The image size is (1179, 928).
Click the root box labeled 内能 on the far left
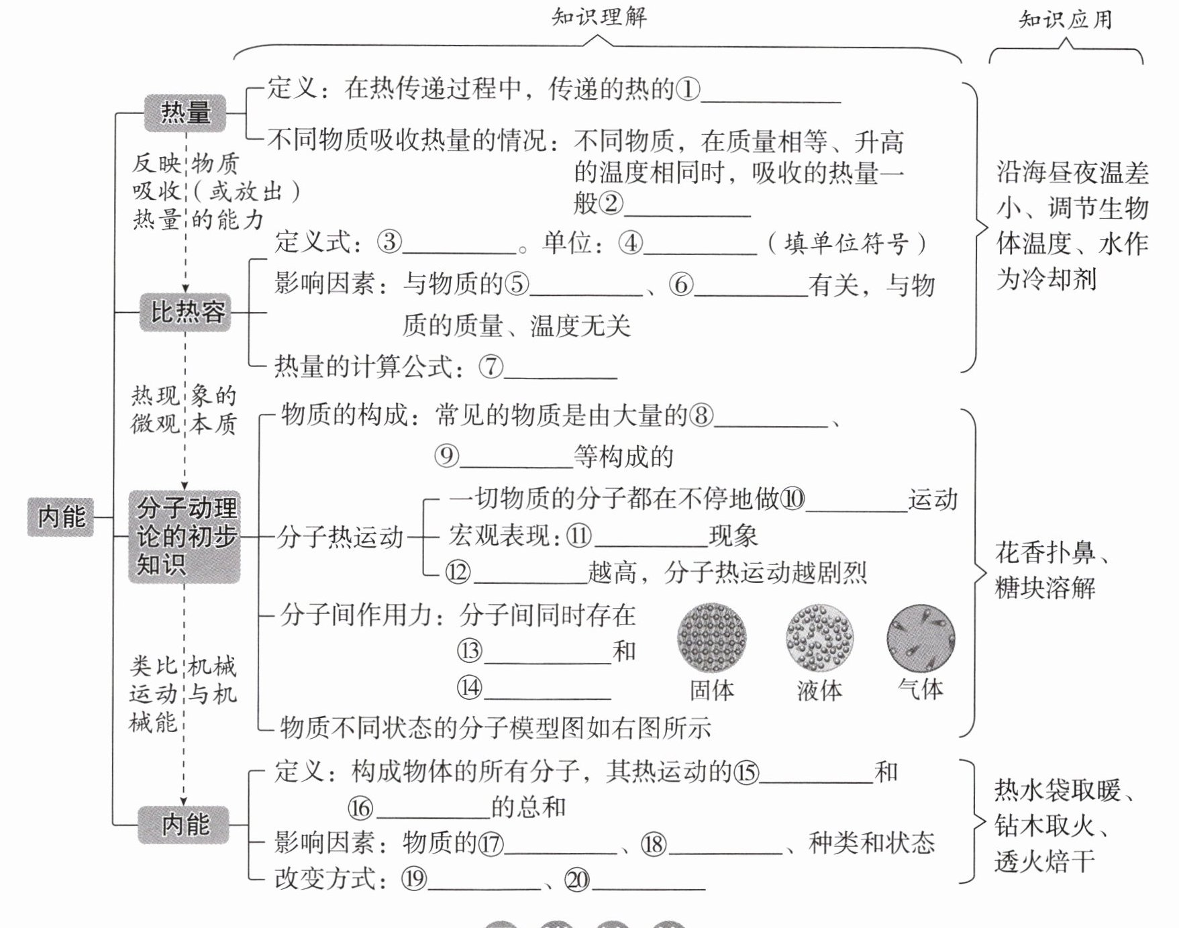pyautogui.click(x=61, y=517)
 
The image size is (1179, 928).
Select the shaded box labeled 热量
pyautogui.click(x=185, y=112)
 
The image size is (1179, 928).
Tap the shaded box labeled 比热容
pyautogui.click(x=186, y=312)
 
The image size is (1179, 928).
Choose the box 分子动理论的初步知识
pyautogui.click(x=185, y=536)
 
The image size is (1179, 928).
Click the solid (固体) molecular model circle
pyautogui.click(x=711, y=637)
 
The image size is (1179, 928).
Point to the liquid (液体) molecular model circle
pyautogui.click(x=819, y=637)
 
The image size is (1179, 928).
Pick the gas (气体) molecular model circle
pyautogui.click(x=921, y=637)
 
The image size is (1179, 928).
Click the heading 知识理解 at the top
pyautogui.click(x=599, y=17)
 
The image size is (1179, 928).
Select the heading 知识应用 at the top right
pyautogui.click(x=1065, y=19)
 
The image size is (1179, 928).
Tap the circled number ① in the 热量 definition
pyautogui.click(x=688, y=89)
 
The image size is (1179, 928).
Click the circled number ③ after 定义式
pyautogui.click(x=389, y=242)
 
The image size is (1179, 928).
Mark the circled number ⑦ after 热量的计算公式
pyautogui.click(x=491, y=366)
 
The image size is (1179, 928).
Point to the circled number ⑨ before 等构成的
pyautogui.click(x=446, y=456)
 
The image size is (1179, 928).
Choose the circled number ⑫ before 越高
pyautogui.click(x=458, y=572)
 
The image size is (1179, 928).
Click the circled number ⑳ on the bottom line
pyautogui.click(x=577, y=880)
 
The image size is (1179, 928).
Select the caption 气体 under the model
pyautogui.click(x=921, y=689)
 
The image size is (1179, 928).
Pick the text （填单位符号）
pyautogui.click(x=847, y=243)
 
